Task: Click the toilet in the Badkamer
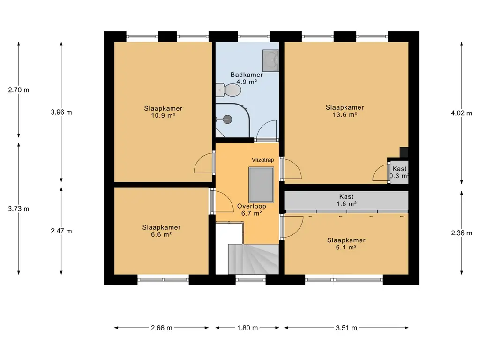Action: click(228, 90)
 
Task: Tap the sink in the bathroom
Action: click(270, 60)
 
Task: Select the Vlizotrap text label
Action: click(262, 160)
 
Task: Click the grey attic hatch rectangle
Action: click(261, 185)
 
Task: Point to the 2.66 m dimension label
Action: click(162, 328)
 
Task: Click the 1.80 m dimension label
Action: click(247, 328)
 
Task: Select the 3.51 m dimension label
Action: click(346, 328)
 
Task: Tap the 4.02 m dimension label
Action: click(461, 113)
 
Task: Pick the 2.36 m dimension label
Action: click(461, 233)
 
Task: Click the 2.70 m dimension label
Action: click(19, 90)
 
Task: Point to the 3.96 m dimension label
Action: click(61, 112)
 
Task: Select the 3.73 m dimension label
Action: click(19, 209)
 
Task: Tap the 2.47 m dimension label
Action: click(61, 231)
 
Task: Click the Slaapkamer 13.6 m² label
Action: click(345, 111)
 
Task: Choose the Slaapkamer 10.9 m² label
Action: click(163, 112)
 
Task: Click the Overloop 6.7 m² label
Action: click(251, 210)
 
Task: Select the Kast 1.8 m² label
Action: click(346, 200)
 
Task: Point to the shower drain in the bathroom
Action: click(227, 119)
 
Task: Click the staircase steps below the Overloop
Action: click(254, 259)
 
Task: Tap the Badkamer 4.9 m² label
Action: click(247, 78)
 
